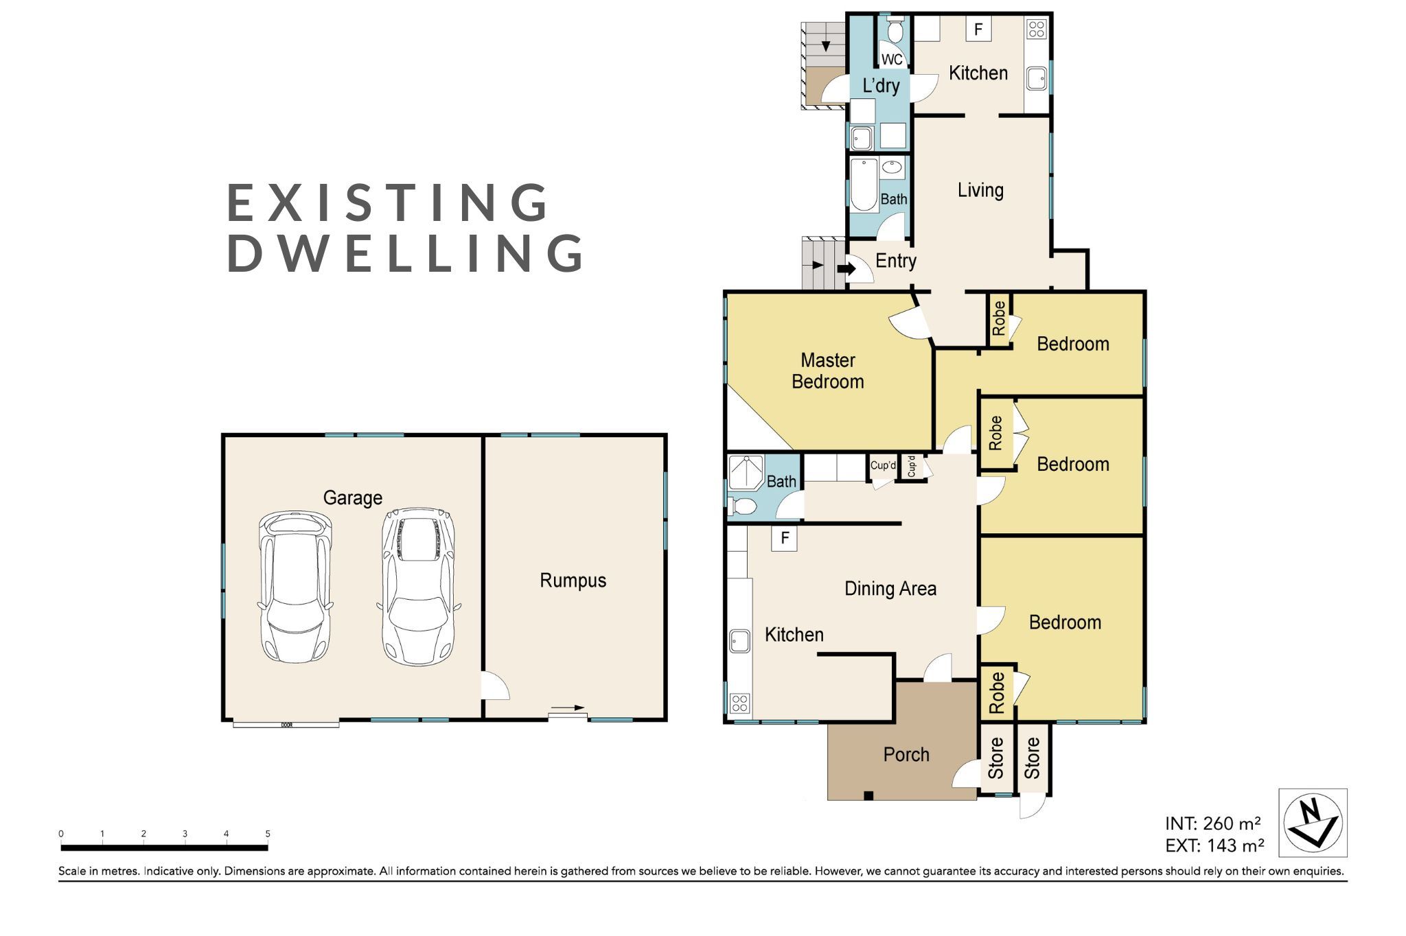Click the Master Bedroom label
click(828, 371)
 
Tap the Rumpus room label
click(573, 581)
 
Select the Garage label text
click(353, 498)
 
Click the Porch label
click(906, 754)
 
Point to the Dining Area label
click(890, 589)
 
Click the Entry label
click(896, 261)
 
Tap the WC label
click(892, 60)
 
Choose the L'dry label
click(881, 86)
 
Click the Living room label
click(980, 190)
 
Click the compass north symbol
click(1313, 823)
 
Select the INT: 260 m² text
click(1213, 823)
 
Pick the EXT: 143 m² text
click(1214, 845)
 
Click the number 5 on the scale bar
click(268, 834)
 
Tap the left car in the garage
click(295, 587)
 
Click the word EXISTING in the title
click(389, 202)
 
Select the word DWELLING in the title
click(406, 253)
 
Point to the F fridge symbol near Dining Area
click(784, 539)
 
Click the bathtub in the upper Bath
click(864, 185)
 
